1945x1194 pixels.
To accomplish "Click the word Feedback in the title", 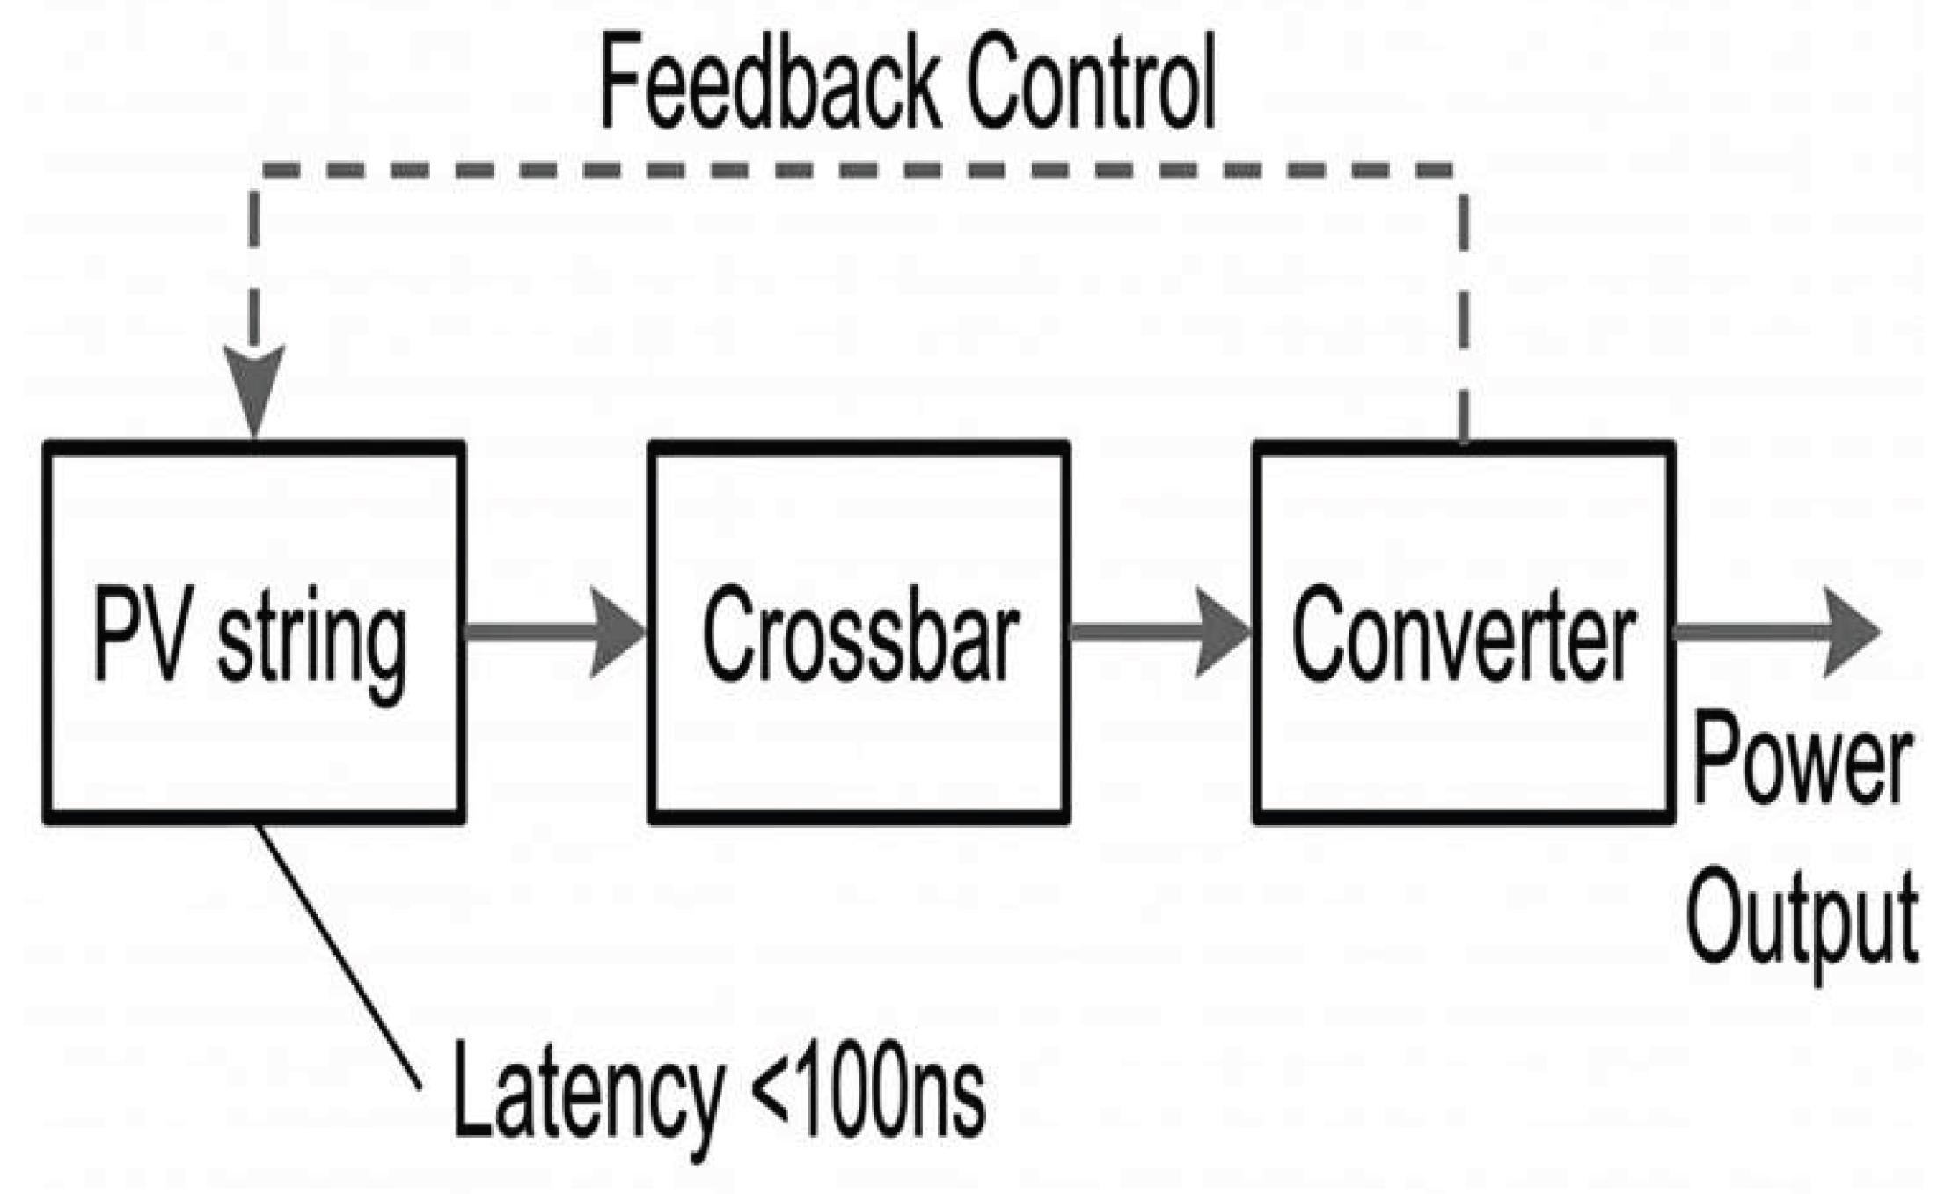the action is (x=771, y=81).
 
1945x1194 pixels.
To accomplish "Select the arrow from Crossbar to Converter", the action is (x=1160, y=632).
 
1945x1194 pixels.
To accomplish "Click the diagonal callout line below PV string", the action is (x=338, y=957).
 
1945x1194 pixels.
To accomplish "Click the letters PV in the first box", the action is (x=140, y=634).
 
